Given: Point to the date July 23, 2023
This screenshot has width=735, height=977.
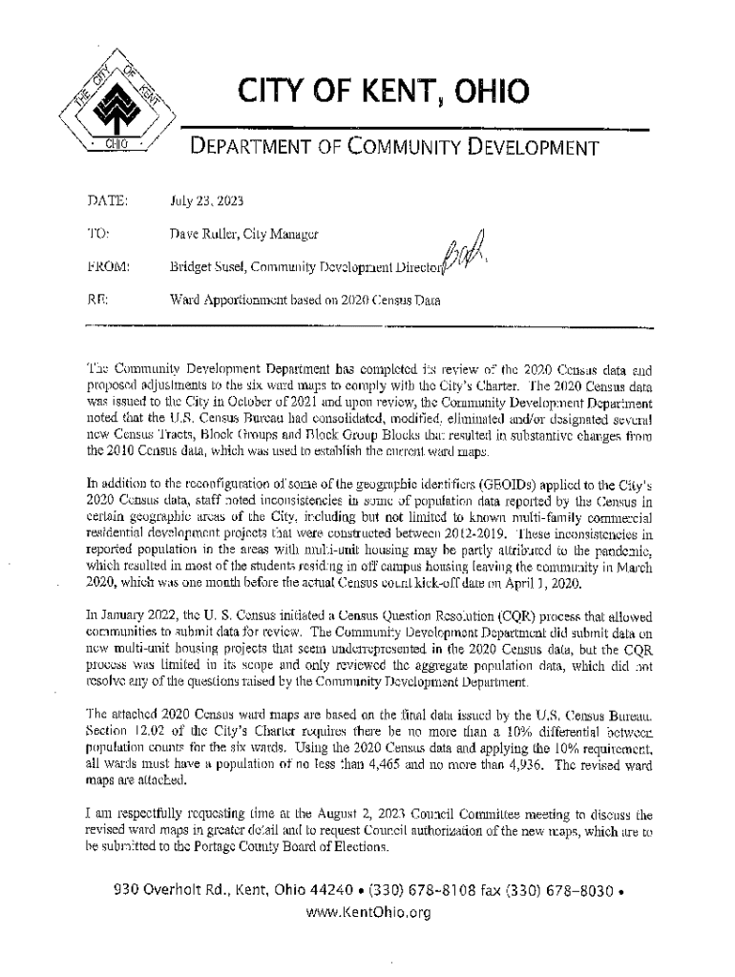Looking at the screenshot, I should tap(210, 201).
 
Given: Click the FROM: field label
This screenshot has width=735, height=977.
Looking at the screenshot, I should tap(108, 267).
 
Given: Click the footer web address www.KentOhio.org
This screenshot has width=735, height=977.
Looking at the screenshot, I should tap(367, 912).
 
